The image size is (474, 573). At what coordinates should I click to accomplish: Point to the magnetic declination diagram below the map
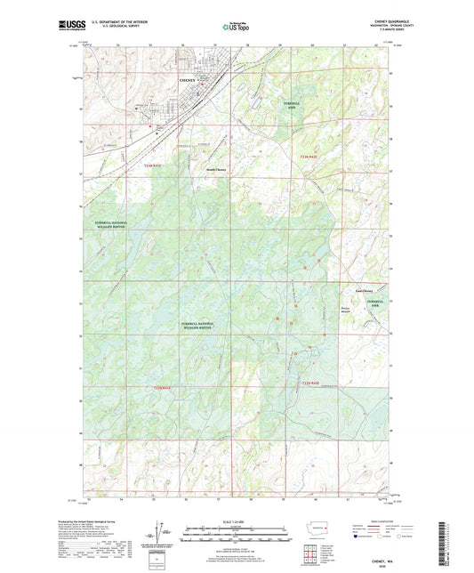[x=163, y=534]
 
